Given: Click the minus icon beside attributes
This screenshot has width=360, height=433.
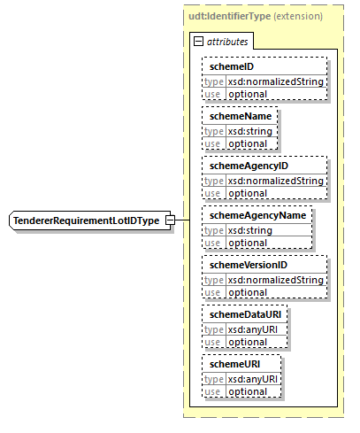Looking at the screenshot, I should pos(198,41).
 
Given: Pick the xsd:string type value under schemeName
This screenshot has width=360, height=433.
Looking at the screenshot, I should pos(251,131).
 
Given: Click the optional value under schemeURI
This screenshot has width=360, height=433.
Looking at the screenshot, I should pos(249,391).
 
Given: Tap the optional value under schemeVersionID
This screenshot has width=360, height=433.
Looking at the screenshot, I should pos(249,292).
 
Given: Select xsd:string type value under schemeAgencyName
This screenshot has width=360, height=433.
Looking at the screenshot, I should pos(251,230).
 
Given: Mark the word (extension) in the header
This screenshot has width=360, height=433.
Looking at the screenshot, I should pos(297,16).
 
